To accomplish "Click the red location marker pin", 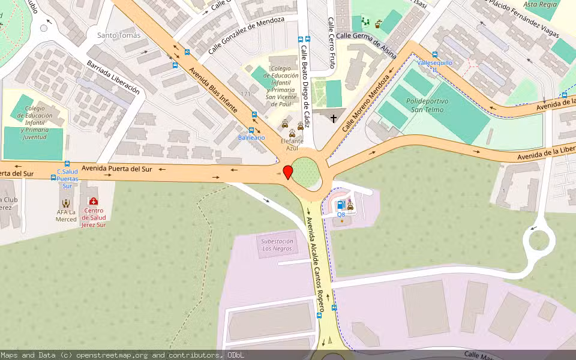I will point(288,172).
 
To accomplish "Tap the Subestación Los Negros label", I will point(277,245).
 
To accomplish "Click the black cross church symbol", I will point(334,119).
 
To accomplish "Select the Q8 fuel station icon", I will point(341,205).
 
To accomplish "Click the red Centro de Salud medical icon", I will point(93,202).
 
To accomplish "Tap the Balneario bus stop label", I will point(251,138).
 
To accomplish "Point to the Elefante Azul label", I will point(292,144).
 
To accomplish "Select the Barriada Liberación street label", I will point(113,77).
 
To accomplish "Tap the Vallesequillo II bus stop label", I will point(434,65).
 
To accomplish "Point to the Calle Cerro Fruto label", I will point(331,42).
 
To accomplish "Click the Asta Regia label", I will point(540,4).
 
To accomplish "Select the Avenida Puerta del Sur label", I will point(117,169).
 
